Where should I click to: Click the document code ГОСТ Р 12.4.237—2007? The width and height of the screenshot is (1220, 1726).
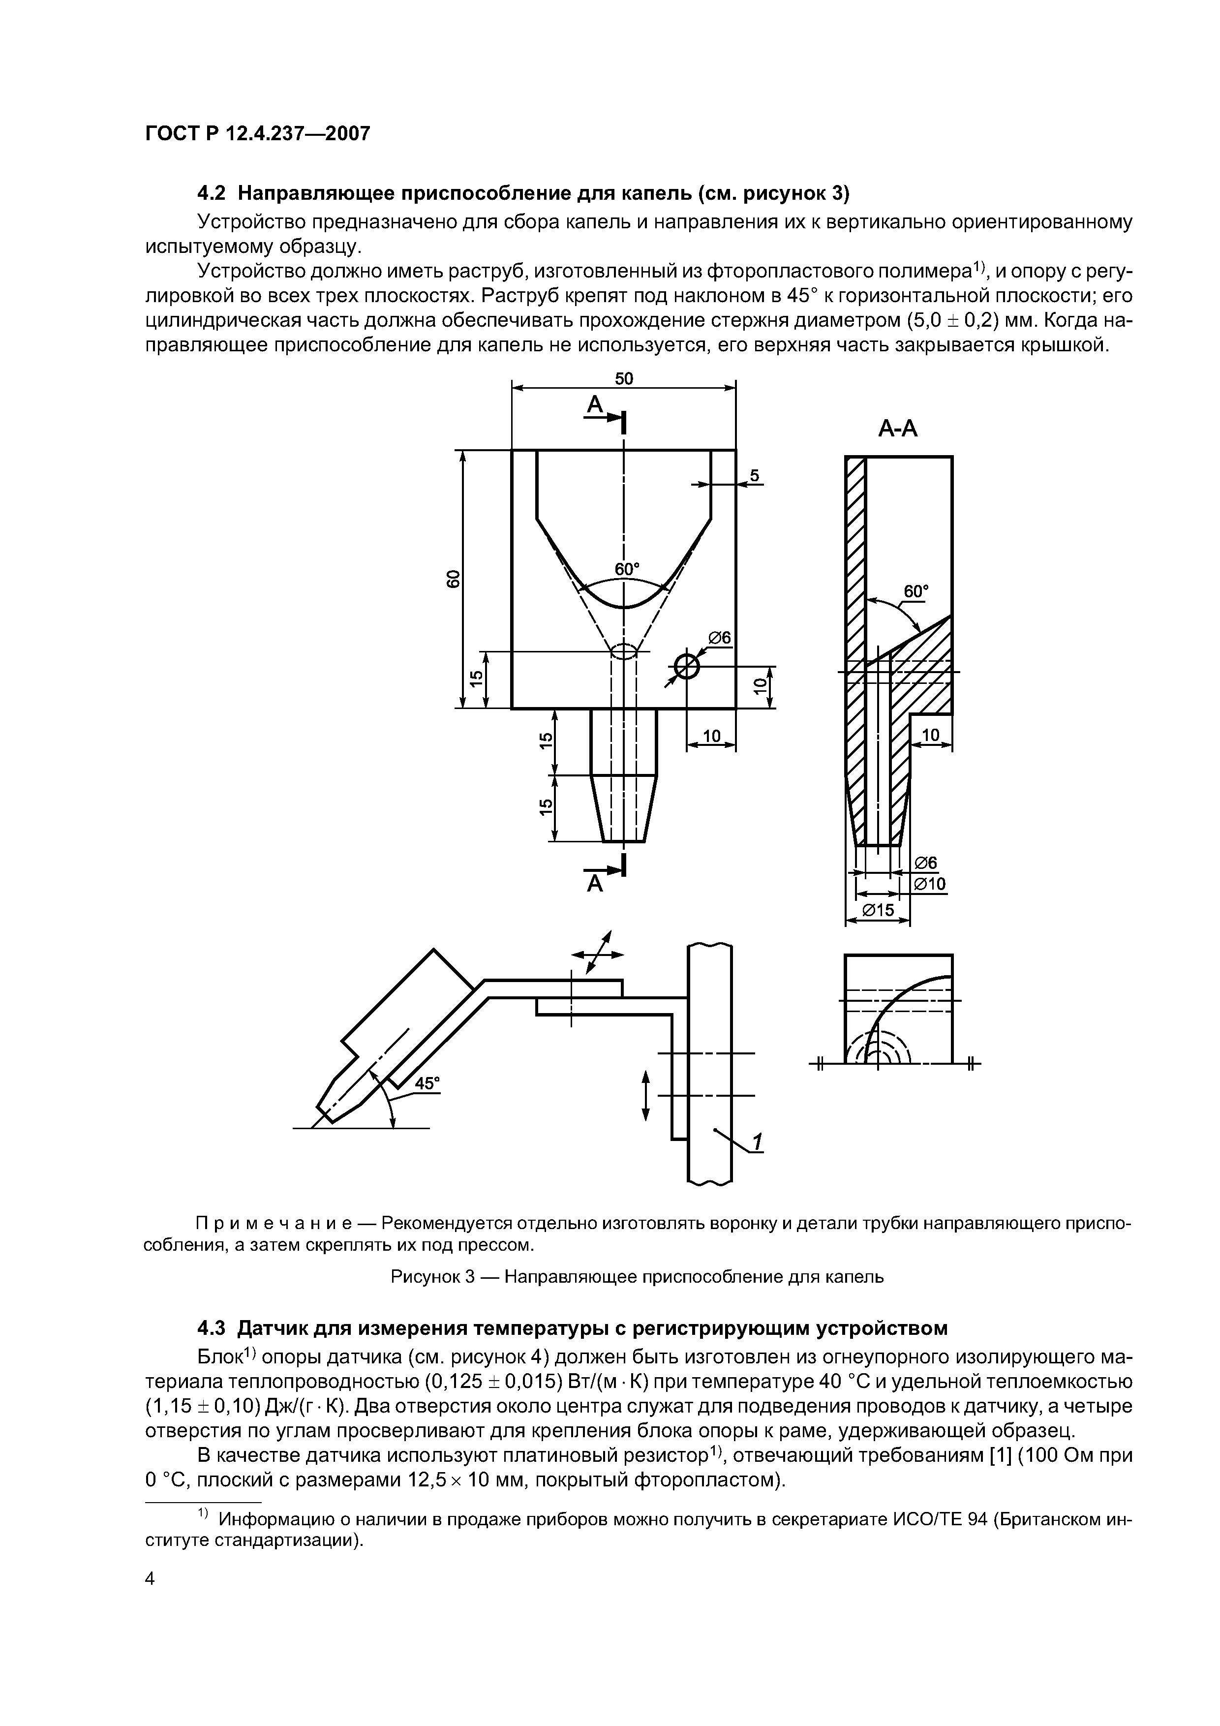pyautogui.click(x=257, y=134)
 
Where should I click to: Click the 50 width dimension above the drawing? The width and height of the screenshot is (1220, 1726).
pyautogui.click(x=624, y=378)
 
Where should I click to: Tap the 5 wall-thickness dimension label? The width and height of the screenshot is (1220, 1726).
pyautogui.click(x=755, y=475)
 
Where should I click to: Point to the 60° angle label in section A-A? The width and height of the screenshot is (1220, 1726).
pyautogui.click(x=915, y=591)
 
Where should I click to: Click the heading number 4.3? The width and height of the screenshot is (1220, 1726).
pyautogui.click(x=211, y=1328)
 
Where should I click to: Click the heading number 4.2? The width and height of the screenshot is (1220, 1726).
pyautogui.click(x=211, y=193)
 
